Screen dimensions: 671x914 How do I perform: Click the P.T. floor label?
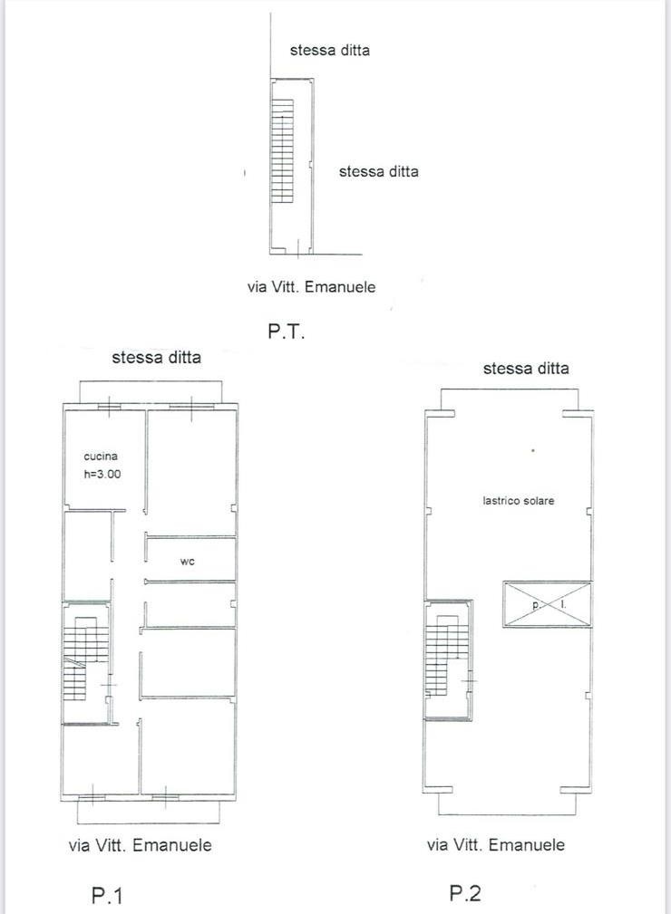click(x=287, y=332)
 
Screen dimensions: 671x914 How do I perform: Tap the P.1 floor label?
click(x=107, y=895)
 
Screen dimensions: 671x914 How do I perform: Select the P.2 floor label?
click(x=465, y=893)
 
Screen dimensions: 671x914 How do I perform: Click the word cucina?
click(x=101, y=457)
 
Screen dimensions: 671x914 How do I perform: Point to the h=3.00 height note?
click(x=102, y=474)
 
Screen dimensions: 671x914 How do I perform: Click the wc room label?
click(x=188, y=562)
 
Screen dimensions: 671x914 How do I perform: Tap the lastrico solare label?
click(x=518, y=500)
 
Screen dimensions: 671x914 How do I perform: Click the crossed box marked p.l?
click(x=548, y=604)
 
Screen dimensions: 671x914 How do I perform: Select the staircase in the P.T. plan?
click(x=282, y=151)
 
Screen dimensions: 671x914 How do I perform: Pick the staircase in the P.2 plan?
click(x=447, y=656)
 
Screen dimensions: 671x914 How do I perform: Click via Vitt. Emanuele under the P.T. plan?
click(x=311, y=287)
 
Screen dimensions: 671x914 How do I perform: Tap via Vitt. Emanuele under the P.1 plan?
click(x=140, y=844)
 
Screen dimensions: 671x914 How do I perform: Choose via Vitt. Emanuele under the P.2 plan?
click(x=495, y=844)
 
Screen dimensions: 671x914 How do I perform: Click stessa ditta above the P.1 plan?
click(x=156, y=357)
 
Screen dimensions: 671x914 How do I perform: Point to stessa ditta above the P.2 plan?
click(x=526, y=369)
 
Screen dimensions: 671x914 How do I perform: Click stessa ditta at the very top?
click(x=330, y=50)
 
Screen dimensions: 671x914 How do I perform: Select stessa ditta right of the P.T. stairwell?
click(x=379, y=171)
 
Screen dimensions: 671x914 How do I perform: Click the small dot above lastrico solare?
click(x=532, y=450)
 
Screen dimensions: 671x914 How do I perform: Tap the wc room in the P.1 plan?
click(x=190, y=558)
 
